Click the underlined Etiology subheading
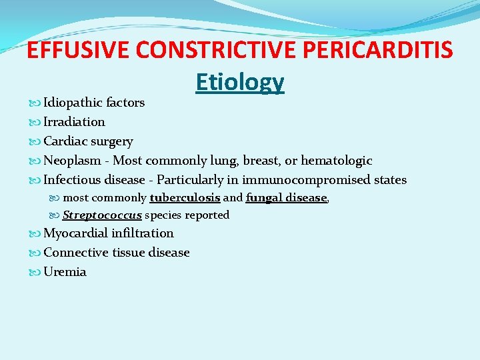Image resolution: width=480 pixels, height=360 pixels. [240, 81]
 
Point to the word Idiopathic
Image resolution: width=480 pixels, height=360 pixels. [72, 103]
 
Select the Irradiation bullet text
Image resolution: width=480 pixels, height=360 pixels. [74, 122]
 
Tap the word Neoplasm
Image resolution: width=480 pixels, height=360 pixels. [72, 161]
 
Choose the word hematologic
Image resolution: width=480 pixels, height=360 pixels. [337, 161]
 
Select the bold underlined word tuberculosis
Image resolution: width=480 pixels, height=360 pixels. [185, 198]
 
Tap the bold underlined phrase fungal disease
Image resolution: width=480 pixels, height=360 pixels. [286, 198]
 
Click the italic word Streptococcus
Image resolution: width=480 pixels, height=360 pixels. [102, 215]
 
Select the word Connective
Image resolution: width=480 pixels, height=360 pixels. [75, 253]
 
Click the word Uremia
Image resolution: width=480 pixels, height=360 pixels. [65, 272]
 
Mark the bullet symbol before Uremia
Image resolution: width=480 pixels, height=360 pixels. [35, 272]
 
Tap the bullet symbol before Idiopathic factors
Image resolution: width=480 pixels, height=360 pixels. [35, 103]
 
